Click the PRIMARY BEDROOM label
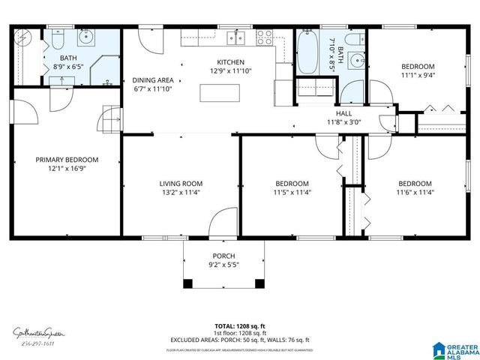(67, 160)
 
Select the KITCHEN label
(231, 62)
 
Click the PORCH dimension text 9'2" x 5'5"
(223, 265)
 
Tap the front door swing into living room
(223, 223)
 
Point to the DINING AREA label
(152, 80)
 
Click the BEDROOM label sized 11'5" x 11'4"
(292, 184)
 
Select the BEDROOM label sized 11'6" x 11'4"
(414, 184)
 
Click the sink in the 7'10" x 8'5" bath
(355, 61)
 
